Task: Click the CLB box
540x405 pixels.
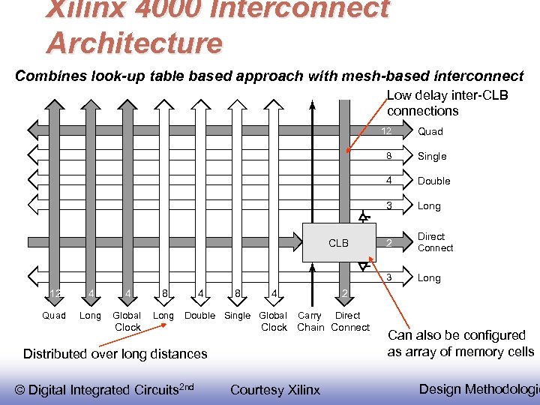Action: [338, 243]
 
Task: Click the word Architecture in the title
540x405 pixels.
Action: [134, 42]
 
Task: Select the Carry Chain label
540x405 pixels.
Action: [310, 322]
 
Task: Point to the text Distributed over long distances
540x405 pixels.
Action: [115, 354]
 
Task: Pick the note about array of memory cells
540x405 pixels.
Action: [460, 343]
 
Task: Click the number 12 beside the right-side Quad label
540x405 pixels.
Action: [386, 131]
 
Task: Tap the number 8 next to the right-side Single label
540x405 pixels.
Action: [388, 156]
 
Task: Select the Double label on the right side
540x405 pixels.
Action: [433, 181]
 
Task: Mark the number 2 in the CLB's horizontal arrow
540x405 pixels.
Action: [388, 243]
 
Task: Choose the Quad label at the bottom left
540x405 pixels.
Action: [54, 316]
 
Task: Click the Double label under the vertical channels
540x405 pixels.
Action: [199, 316]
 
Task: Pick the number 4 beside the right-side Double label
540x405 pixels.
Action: [388, 181]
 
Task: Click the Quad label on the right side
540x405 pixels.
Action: [430, 131]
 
